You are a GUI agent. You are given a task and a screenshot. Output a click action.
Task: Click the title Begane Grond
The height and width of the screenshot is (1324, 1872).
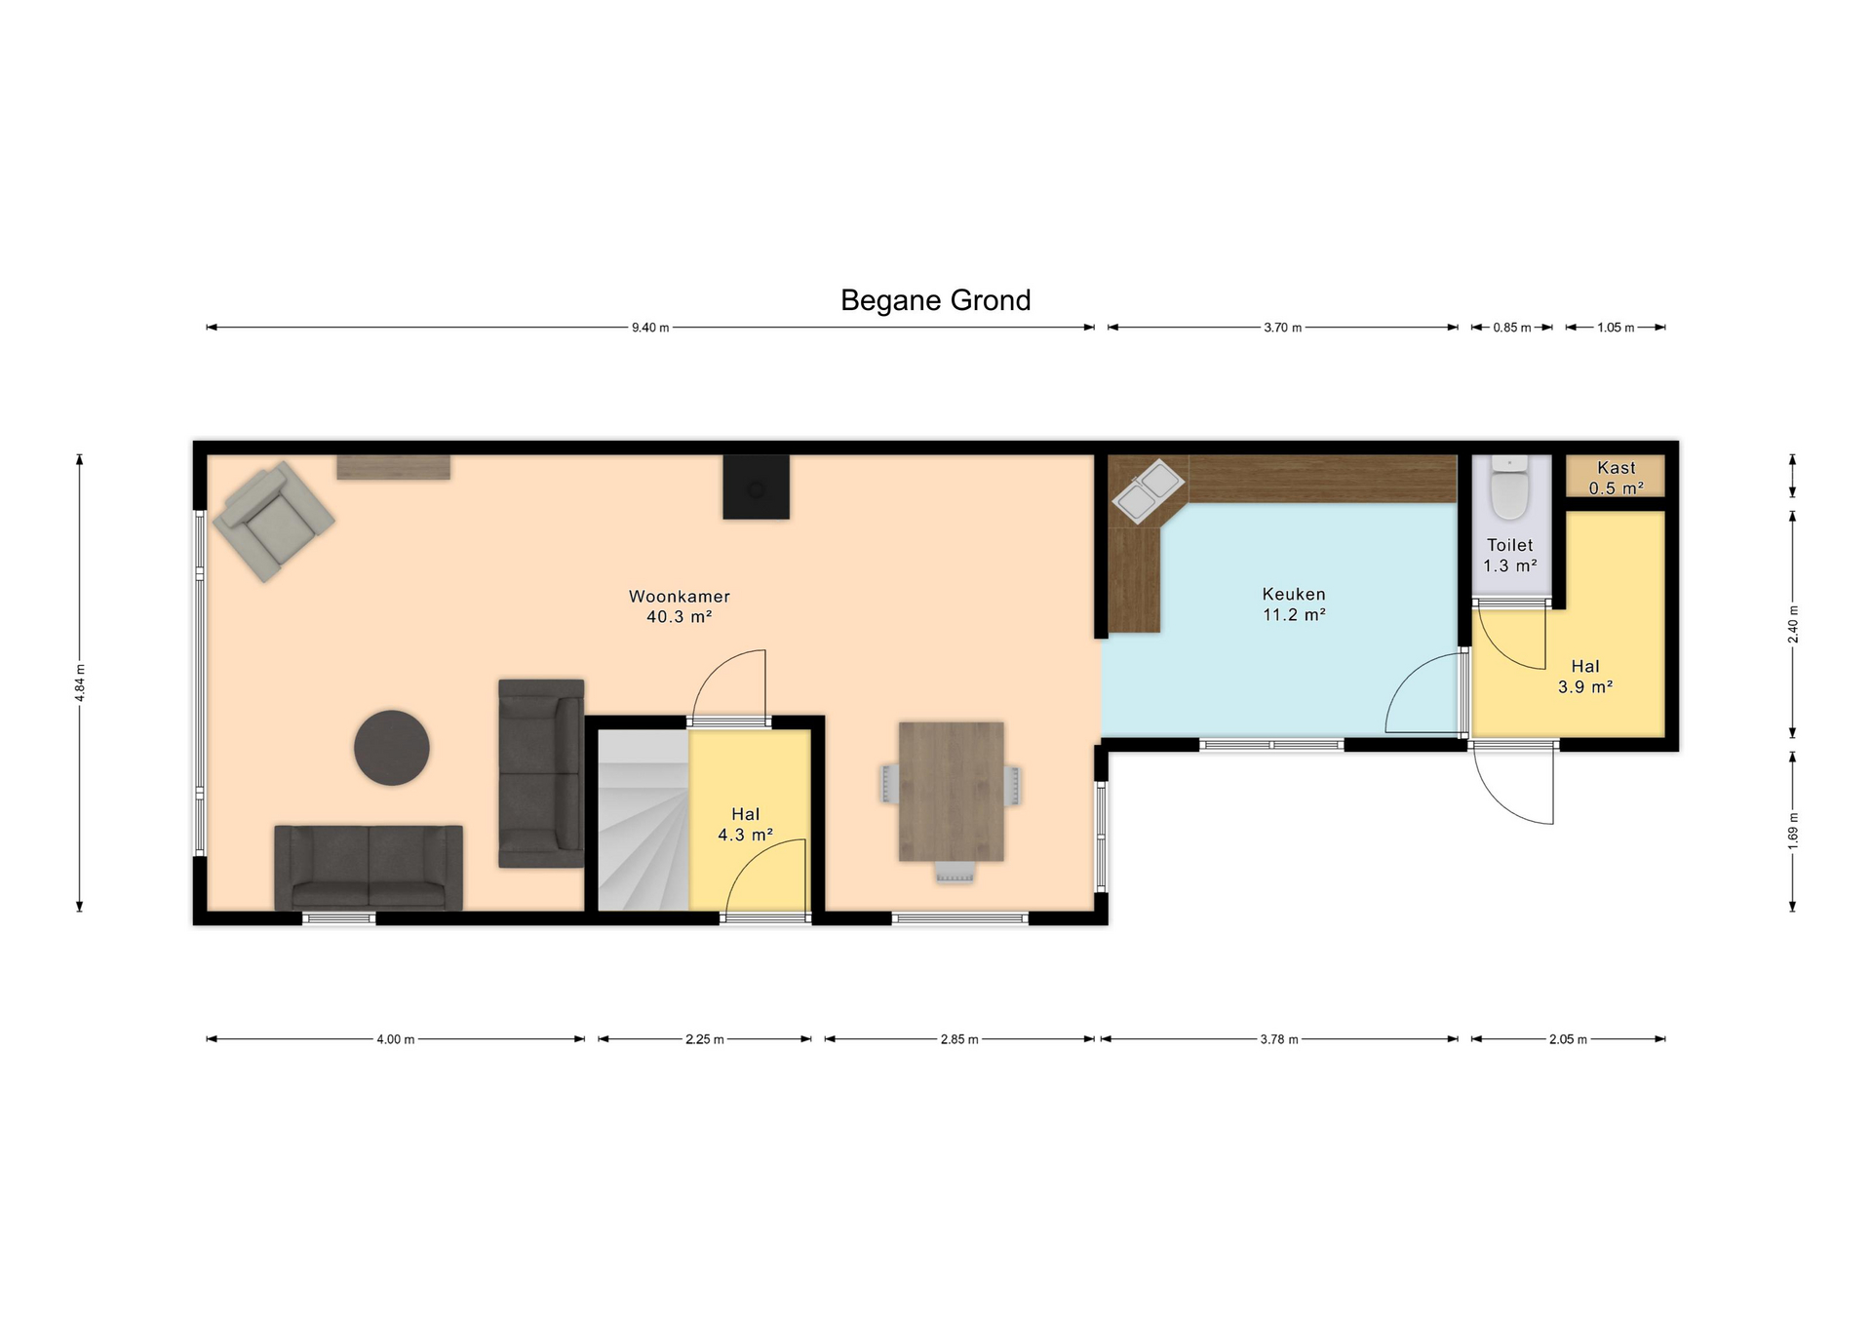click(x=935, y=300)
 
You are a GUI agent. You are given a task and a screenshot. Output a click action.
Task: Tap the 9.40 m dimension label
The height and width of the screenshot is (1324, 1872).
click(x=650, y=328)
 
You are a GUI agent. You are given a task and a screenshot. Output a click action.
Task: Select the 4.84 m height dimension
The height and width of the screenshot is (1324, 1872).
click(x=80, y=681)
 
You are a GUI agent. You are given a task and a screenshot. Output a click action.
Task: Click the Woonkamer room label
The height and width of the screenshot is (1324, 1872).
click(x=679, y=597)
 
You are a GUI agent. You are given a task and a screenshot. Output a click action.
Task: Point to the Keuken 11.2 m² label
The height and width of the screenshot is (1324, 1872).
click(x=1294, y=604)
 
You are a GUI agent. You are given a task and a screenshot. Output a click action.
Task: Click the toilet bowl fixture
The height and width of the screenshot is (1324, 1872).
click(x=1510, y=490)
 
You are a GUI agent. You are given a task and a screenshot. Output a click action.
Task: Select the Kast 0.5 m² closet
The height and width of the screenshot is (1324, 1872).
click(x=1616, y=478)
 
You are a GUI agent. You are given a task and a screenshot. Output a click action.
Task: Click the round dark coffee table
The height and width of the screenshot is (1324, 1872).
click(x=392, y=748)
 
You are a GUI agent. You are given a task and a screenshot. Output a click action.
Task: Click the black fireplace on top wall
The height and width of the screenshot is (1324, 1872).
click(x=756, y=487)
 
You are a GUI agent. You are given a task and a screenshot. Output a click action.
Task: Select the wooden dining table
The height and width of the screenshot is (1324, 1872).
click(x=951, y=791)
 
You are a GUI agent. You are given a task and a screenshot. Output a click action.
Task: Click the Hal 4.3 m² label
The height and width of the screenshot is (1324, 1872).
click(x=746, y=824)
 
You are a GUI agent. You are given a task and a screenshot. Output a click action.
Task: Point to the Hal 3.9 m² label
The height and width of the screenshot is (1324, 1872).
click(x=1585, y=677)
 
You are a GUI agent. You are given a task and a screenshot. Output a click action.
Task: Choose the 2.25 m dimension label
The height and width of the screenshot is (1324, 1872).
click(x=704, y=1039)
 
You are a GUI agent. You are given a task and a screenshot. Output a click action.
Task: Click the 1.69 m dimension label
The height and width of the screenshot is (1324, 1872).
click(x=1792, y=831)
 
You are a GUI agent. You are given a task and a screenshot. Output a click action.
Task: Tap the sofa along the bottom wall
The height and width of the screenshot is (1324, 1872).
click(x=369, y=868)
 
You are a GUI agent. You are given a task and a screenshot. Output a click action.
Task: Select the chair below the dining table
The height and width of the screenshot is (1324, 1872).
click(x=955, y=873)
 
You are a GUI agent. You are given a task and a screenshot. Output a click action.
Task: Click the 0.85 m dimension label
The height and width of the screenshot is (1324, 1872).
click(x=1511, y=328)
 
